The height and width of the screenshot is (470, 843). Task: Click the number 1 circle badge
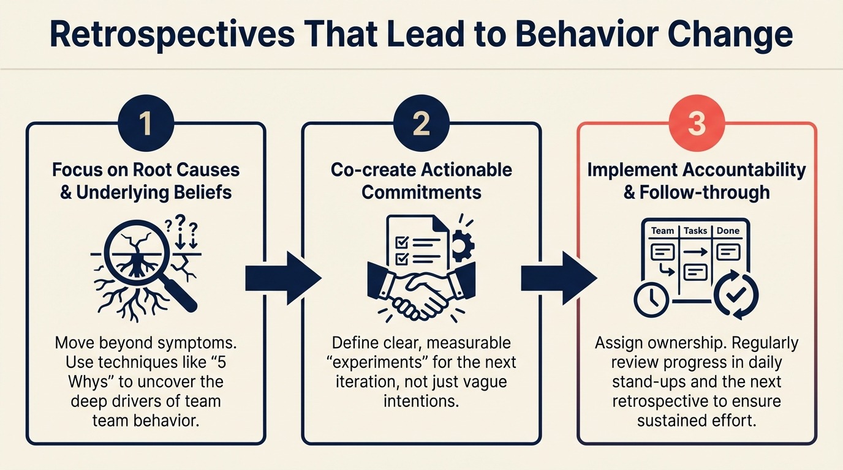(x=145, y=124)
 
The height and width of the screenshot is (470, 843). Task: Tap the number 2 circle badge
(x=421, y=124)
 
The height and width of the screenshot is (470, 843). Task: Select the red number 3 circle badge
(x=697, y=124)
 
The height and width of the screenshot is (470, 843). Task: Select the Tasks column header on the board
(x=695, y=231)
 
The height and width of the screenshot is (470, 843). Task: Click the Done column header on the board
(x=728, y=231)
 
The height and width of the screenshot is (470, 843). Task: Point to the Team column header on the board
(x=662, y=231)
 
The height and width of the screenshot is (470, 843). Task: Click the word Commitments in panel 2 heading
(x=421, y=192)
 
